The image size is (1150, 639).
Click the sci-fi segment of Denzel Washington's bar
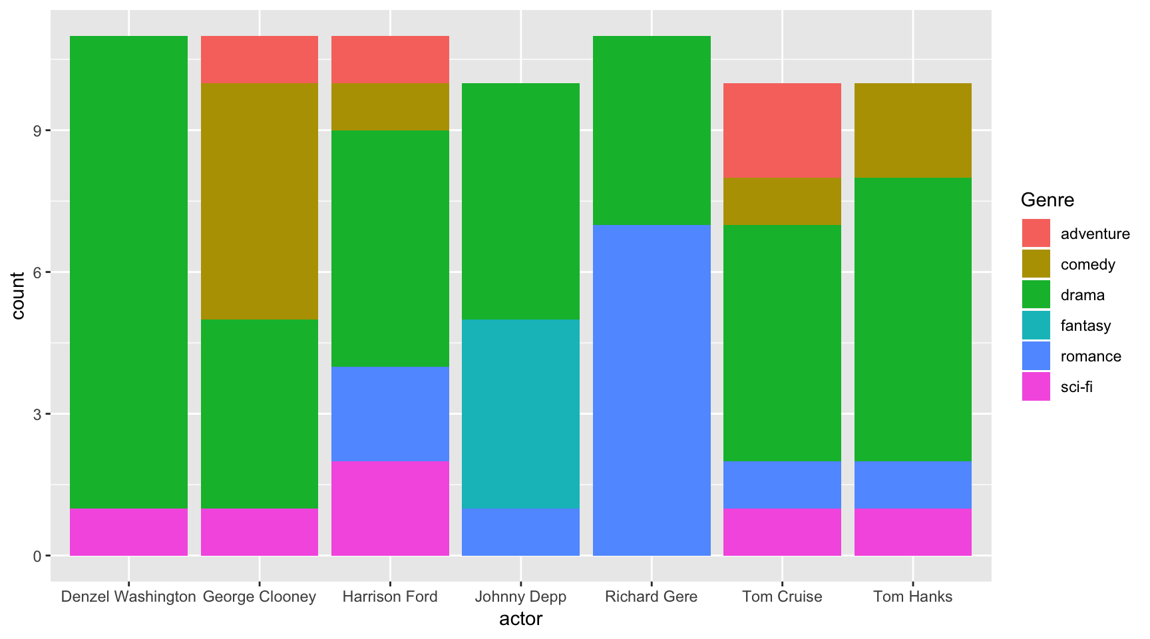[128, 532]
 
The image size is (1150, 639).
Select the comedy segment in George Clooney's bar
[260, 201]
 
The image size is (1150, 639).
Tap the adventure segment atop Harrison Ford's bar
[390, 59]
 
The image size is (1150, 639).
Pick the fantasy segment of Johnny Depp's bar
[520, 413]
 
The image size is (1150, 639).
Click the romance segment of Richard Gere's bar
[652, 390]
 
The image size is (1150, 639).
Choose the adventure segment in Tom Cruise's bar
[782, 130]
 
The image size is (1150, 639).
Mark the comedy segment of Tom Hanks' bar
[912, 130]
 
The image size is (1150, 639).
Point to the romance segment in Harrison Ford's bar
[390, 413]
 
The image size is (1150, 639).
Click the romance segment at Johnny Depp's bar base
[520, 532]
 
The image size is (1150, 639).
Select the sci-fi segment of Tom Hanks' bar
[912, 532]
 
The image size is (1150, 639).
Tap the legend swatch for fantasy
[1036, 325]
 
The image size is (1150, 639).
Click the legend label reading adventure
[1095, 234]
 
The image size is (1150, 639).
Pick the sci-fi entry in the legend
[1076, 387]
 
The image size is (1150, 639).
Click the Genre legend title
[1047, 200]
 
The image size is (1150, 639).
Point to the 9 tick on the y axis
[38, 130]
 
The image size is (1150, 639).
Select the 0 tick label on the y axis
[38, 556]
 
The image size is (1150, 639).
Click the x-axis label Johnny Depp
[520, 596]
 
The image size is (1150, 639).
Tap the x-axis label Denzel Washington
[128, 596]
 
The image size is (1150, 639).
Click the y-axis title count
[18, 296]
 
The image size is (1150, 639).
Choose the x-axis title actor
[520, 619]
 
